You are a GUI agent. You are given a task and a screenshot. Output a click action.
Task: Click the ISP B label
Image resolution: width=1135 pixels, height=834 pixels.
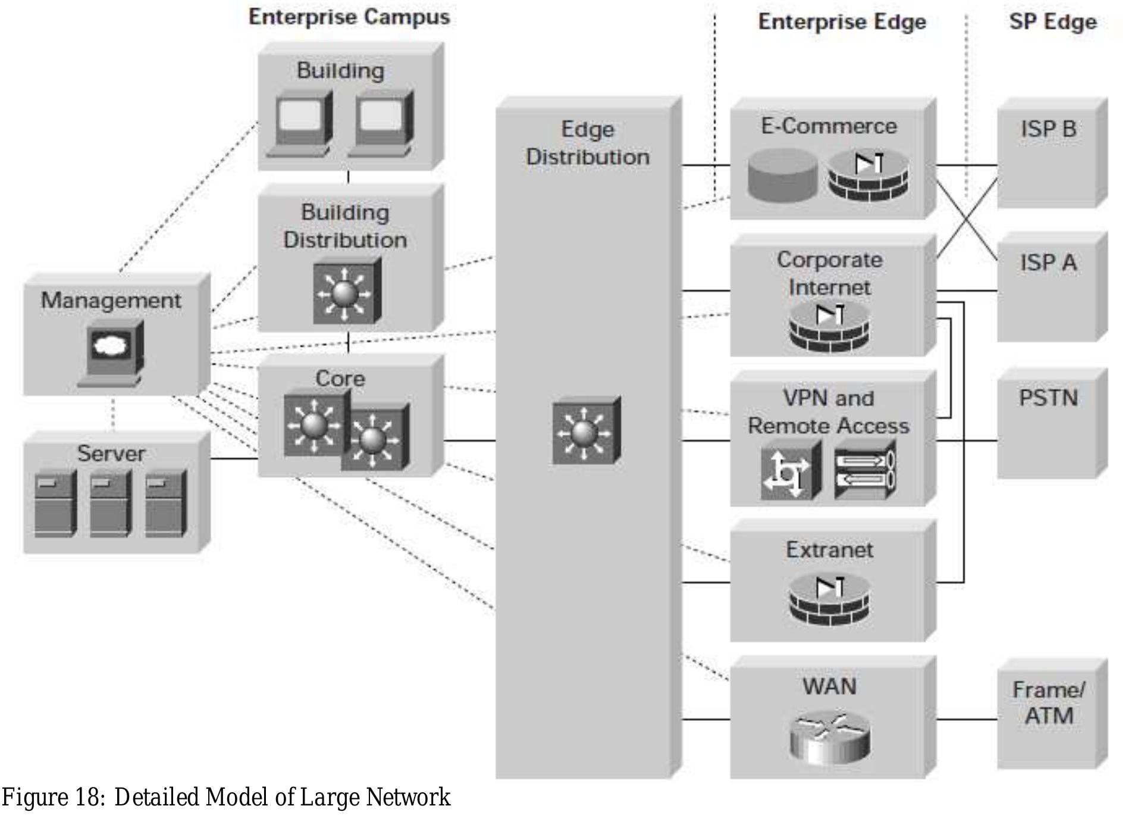[1048, 129]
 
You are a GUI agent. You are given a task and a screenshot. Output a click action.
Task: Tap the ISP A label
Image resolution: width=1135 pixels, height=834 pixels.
[1048, 263]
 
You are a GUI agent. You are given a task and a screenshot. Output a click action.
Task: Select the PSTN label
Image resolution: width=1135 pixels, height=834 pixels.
[1048, 398]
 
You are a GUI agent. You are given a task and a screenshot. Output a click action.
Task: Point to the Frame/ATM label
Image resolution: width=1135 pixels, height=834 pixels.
[1048, 703]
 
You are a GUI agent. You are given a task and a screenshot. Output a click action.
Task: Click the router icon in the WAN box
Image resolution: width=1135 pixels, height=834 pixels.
[829, 738]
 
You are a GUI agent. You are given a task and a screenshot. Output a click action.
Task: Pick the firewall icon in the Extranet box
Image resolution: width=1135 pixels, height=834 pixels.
[829, 599]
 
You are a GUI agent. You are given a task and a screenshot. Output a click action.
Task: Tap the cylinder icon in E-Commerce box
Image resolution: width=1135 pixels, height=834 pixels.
[783, 174]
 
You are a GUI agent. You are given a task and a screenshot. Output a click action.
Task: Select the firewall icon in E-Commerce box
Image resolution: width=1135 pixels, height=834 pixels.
[868, 174]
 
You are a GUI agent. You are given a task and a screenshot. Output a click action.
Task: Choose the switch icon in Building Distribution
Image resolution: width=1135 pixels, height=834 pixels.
[347, 291]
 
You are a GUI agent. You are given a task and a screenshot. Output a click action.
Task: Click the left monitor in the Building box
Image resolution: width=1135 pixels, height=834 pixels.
[303, 123]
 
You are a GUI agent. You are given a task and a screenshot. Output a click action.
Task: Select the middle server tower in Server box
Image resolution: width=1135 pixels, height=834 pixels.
[110, 504]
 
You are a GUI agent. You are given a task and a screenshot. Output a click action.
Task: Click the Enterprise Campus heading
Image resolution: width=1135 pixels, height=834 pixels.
[349, 17]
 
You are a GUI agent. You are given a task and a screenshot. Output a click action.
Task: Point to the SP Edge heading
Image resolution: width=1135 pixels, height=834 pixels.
[1052, 22]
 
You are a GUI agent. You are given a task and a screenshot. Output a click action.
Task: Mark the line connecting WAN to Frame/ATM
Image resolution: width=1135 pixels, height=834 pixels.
[966, 719]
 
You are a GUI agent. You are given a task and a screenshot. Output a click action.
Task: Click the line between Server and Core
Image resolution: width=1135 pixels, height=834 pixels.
[234, 458]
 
